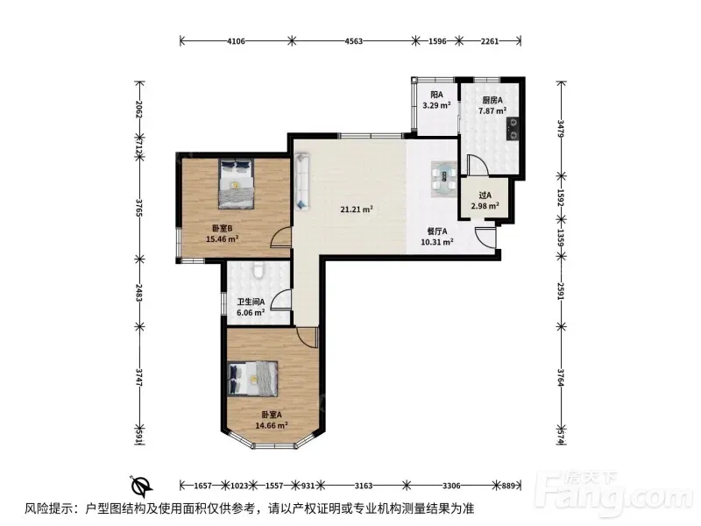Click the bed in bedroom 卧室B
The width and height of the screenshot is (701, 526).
pos(236,183)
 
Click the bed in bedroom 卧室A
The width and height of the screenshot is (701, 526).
pos(252,379)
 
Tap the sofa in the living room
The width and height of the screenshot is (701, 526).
pos(302,181)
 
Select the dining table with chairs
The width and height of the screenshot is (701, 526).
pos(444,179)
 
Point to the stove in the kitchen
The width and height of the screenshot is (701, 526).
pos(513,128)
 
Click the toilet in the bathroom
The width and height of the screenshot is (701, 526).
pos(258,271)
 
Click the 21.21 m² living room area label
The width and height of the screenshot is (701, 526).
pos(357,209)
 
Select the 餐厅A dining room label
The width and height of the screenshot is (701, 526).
pos(436,231)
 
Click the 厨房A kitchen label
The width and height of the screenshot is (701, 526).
pos(492,100)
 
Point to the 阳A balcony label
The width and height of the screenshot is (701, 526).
pos(436,95)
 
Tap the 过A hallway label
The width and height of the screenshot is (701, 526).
pos(485,195)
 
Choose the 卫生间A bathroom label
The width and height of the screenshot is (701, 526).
pos(251,302)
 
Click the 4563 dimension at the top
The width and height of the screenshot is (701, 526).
pos(354,41)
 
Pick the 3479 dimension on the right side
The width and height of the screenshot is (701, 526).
pos(562,128)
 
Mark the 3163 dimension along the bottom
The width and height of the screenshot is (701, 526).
pos(364,486)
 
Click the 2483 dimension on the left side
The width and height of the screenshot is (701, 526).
pos(139,293)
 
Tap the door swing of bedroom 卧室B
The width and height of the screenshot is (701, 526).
pos(281,236)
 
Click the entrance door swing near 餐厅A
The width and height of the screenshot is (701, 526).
pos(485,238)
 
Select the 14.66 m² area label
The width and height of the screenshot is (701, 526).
pos(272,425)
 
